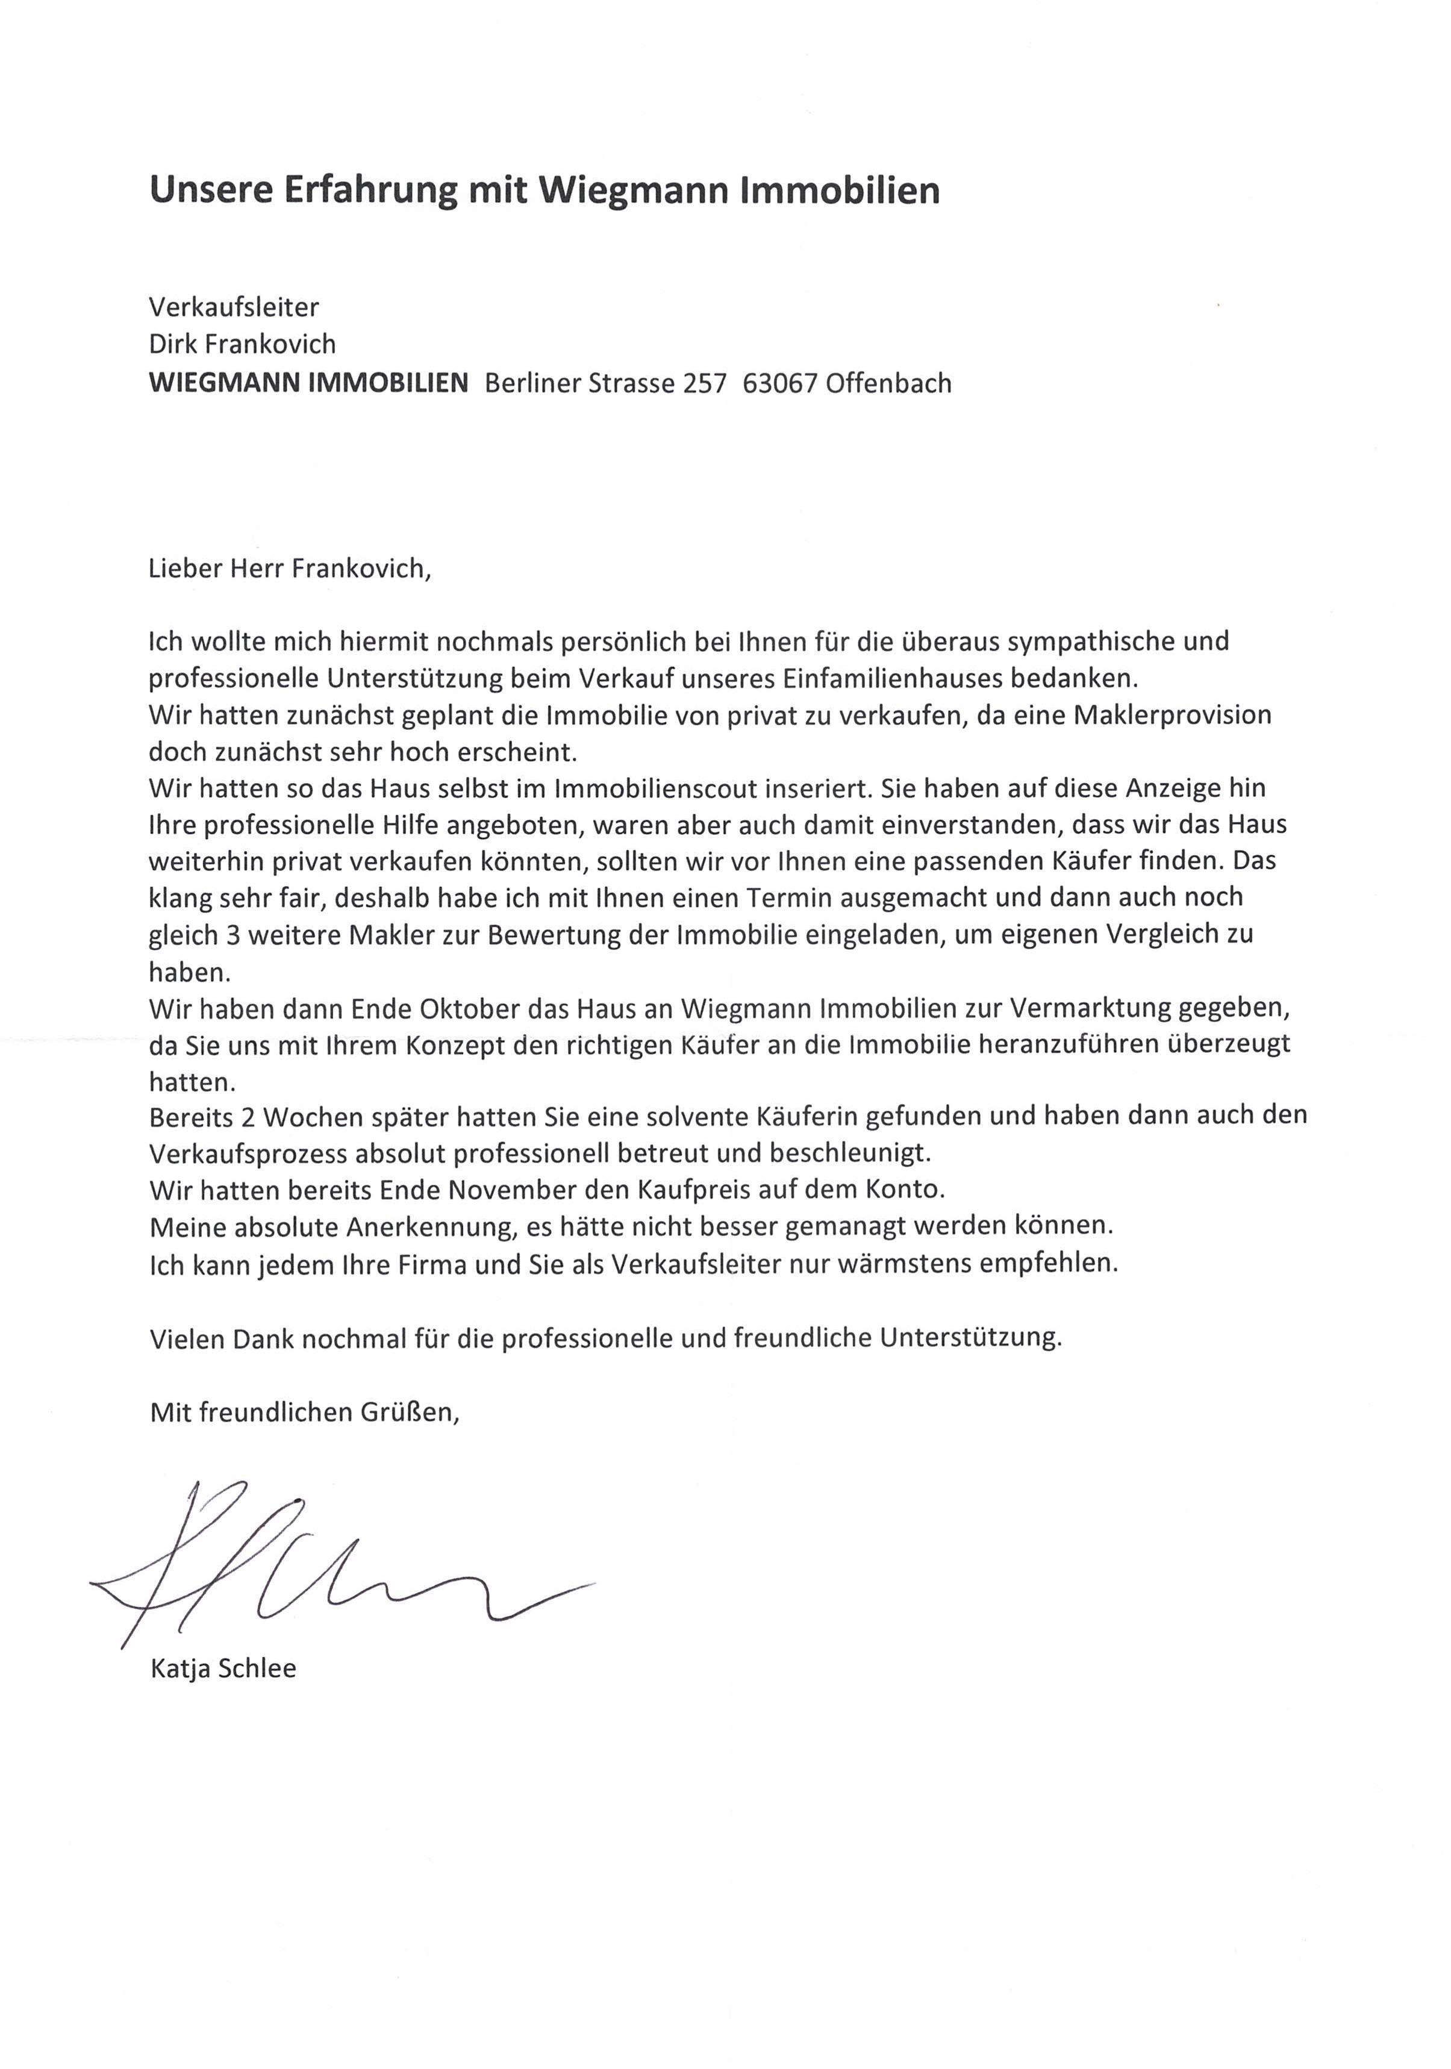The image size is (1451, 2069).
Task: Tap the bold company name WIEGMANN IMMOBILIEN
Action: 308,383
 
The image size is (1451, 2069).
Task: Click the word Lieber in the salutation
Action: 186,569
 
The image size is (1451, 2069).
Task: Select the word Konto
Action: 904,1190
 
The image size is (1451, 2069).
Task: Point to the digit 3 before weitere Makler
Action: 232,934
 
